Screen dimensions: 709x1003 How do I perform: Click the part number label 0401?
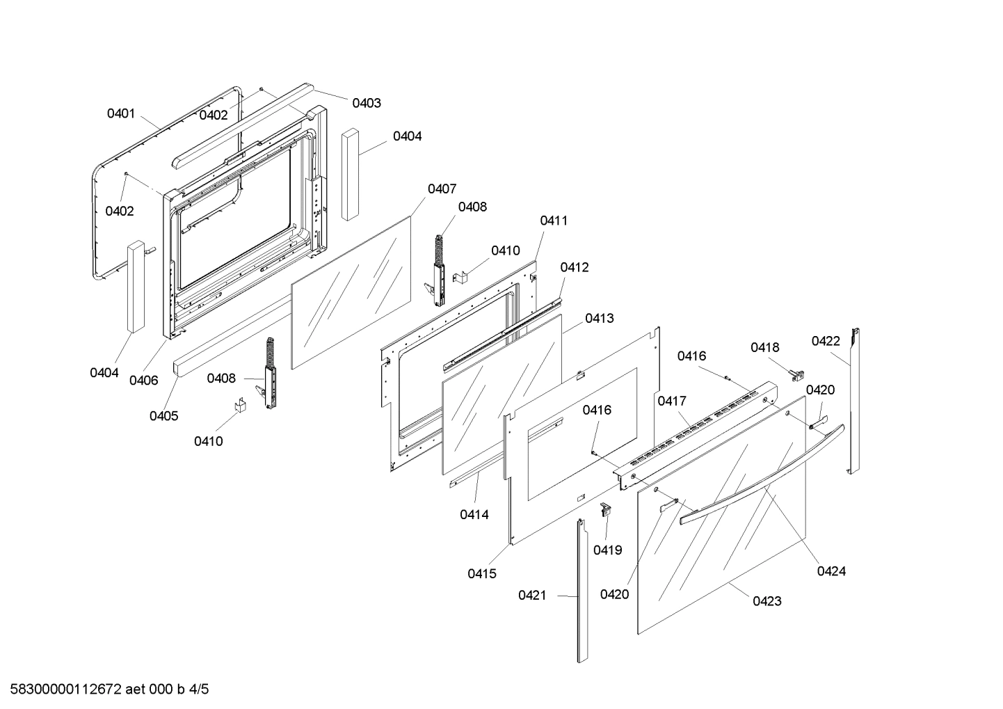click(x=120, y=113)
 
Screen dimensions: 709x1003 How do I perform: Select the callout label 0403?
click(x=366, y=103)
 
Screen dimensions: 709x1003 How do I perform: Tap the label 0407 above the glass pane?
click(x=442, y=189)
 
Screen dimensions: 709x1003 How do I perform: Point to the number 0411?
click(x=554, y=221)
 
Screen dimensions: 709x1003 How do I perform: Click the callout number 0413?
click(x=599, y=318)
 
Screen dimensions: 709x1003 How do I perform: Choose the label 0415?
click(x=482, y=573)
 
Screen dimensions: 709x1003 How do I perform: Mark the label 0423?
click(x=767, y=601)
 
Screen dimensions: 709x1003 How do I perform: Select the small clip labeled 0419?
click(x=605, y=509)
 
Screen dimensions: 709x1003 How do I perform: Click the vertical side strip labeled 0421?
click(x=581, y=591)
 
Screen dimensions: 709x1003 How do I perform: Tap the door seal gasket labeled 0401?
click(x=93, y=209)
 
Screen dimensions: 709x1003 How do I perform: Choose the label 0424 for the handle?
click(x=831, y=571)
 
